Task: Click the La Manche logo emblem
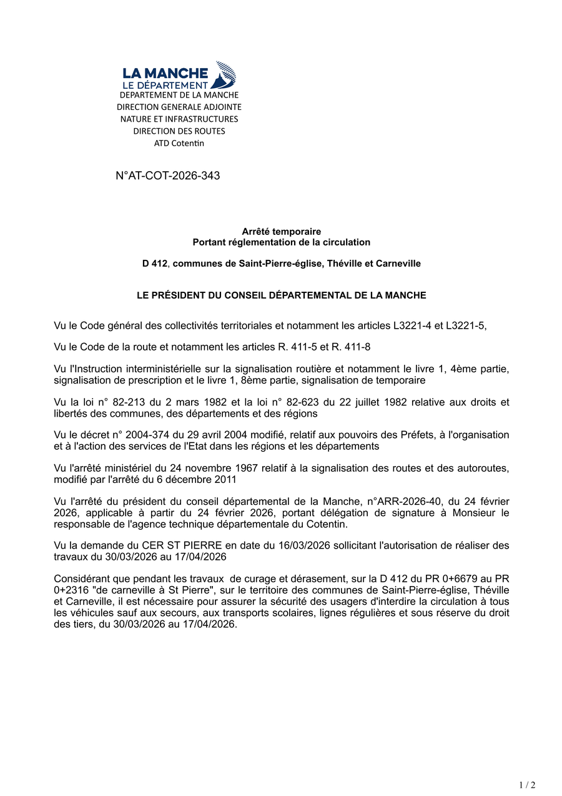tap(224, 74)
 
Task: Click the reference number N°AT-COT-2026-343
tap(168, 176)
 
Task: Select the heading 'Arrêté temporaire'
tap(281, 232)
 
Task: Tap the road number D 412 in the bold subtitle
tap(155, 264)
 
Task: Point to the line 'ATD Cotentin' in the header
tap(179, 143)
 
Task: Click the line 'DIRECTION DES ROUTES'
tap(179, 131)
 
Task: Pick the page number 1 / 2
tap(527, 785)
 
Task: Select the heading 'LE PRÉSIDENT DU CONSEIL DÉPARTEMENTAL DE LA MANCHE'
tap(281, 296)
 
